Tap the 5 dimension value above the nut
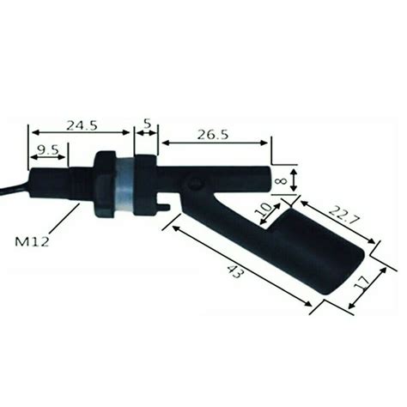(x=146, y=124)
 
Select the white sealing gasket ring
(x=125, y=185)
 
